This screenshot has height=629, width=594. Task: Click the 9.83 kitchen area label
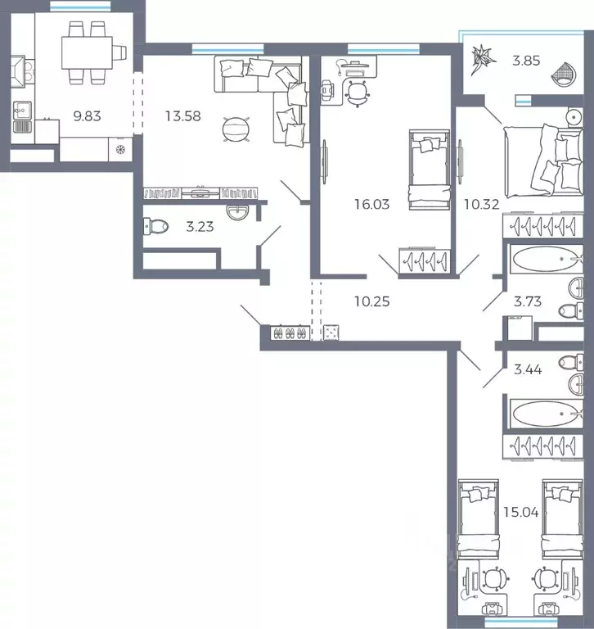[87, 116]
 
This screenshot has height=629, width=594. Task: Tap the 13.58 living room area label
[183, 116]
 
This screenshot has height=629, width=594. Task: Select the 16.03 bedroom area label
[372, 204]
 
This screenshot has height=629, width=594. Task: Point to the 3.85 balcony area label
[526, 61]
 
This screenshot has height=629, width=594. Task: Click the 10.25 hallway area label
[372, 301]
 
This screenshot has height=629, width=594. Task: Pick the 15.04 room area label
[521, 512]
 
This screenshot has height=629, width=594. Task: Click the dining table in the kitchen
[87, 52]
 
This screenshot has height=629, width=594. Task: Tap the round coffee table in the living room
[236, 129]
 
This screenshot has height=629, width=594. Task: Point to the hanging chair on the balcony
[565, 75]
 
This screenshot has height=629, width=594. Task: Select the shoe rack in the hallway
[290, 333]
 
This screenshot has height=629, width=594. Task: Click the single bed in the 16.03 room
[430, 170]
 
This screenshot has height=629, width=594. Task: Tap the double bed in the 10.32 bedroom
[543, 161]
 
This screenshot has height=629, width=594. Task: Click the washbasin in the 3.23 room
[237, 212]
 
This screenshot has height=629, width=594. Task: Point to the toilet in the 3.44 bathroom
[571, 363]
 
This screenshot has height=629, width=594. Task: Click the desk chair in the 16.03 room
[357, 93]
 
